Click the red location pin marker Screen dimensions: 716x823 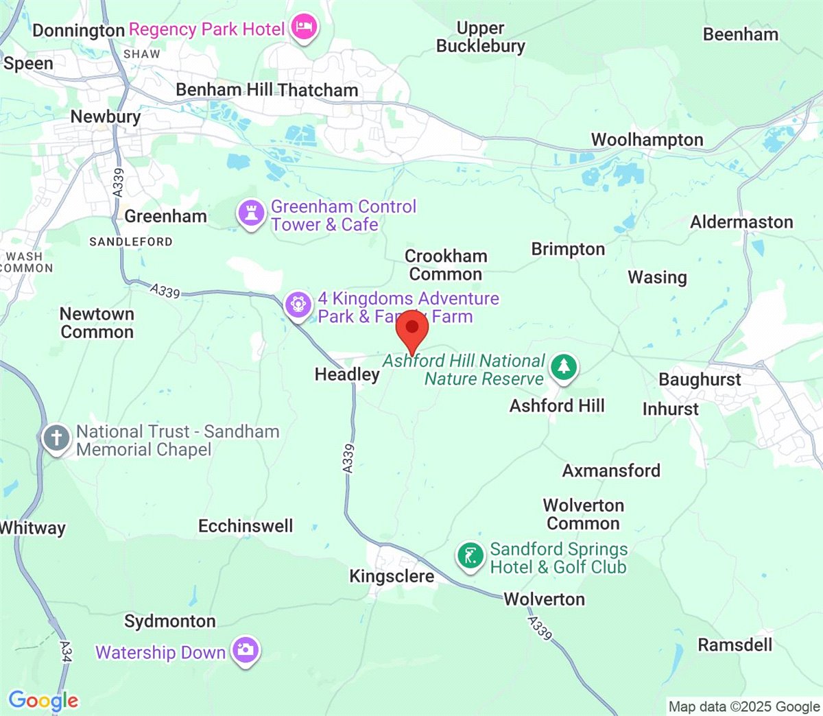[412, 327]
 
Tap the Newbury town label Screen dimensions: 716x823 [106, 117]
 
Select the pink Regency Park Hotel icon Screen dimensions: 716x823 [304, 27]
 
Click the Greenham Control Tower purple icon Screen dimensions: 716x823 [251, 213]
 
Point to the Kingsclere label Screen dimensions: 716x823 [392, 576]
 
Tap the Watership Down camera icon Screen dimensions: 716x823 [245, 649]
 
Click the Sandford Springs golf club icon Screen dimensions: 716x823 [470, 555]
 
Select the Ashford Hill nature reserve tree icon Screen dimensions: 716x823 [564, 367]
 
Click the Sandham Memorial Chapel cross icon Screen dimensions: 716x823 [56, 438]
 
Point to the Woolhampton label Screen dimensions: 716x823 [647, 140]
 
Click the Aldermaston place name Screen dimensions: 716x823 [741, 222]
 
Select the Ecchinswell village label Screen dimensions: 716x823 [246, 526]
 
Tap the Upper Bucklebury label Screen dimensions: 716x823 [481, 37]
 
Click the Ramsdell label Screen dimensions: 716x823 [735, 645]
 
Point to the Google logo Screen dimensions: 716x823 [43, 700]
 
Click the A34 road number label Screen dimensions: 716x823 [66, 650]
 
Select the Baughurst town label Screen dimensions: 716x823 [700, 380]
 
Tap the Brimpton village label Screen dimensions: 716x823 [568, 249]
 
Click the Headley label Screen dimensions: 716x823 [347, 374]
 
